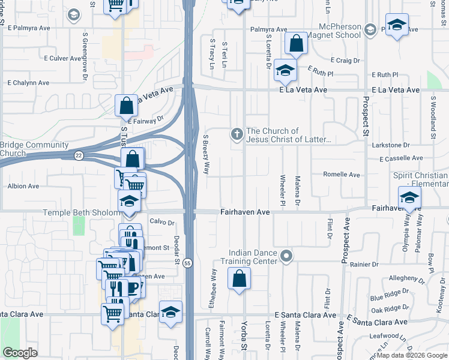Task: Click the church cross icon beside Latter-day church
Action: pyautogui.click(x=237, y=134)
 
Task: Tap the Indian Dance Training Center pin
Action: pyautogui.click(x=287, y=257)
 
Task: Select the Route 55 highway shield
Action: pyautogui.click(x=188, y=263)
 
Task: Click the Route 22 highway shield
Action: pyautogui.click(x=79, y=155)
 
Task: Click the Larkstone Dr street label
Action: pyautogui.click(x=390, y=145)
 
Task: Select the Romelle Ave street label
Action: pyautogui.click(x=341, y=175)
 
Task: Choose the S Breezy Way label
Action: pyautogui.click(x=206, y=154)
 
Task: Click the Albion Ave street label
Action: pyautogui.click(x=23, y=186)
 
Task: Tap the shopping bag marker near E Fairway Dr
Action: pyautogui.click(x=127, y=106)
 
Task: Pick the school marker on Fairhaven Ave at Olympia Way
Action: pyautogui.click(x=409, y=197)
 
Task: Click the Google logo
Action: pyautogui.click(x=20, y=353)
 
